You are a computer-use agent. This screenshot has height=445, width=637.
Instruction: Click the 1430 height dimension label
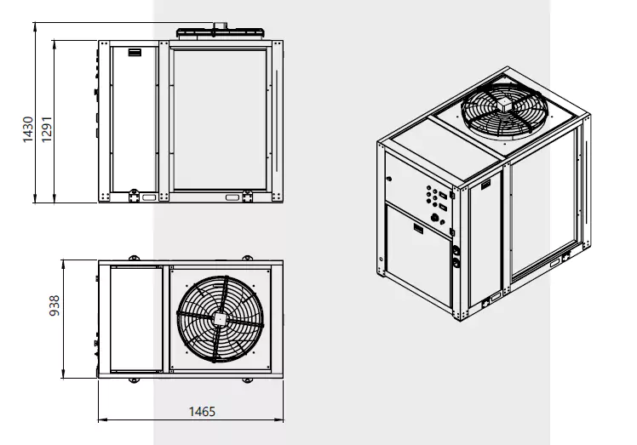tap(27, 129)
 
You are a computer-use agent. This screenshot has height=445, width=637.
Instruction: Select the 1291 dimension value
tap(47, 129)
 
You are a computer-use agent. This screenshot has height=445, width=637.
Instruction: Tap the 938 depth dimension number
tap(54, 305)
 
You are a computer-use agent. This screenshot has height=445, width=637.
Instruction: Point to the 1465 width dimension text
tap(202, 412)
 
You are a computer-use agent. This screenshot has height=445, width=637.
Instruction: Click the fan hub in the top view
tap(220, 319)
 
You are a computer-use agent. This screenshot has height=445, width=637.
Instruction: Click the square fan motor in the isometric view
tap(504, 106)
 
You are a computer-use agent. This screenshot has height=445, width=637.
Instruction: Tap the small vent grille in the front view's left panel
tap(135, 53)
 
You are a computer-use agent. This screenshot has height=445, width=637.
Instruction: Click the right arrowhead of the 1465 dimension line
tap(279, 419)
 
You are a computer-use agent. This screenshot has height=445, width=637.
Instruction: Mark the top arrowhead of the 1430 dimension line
tap(36, 26)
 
